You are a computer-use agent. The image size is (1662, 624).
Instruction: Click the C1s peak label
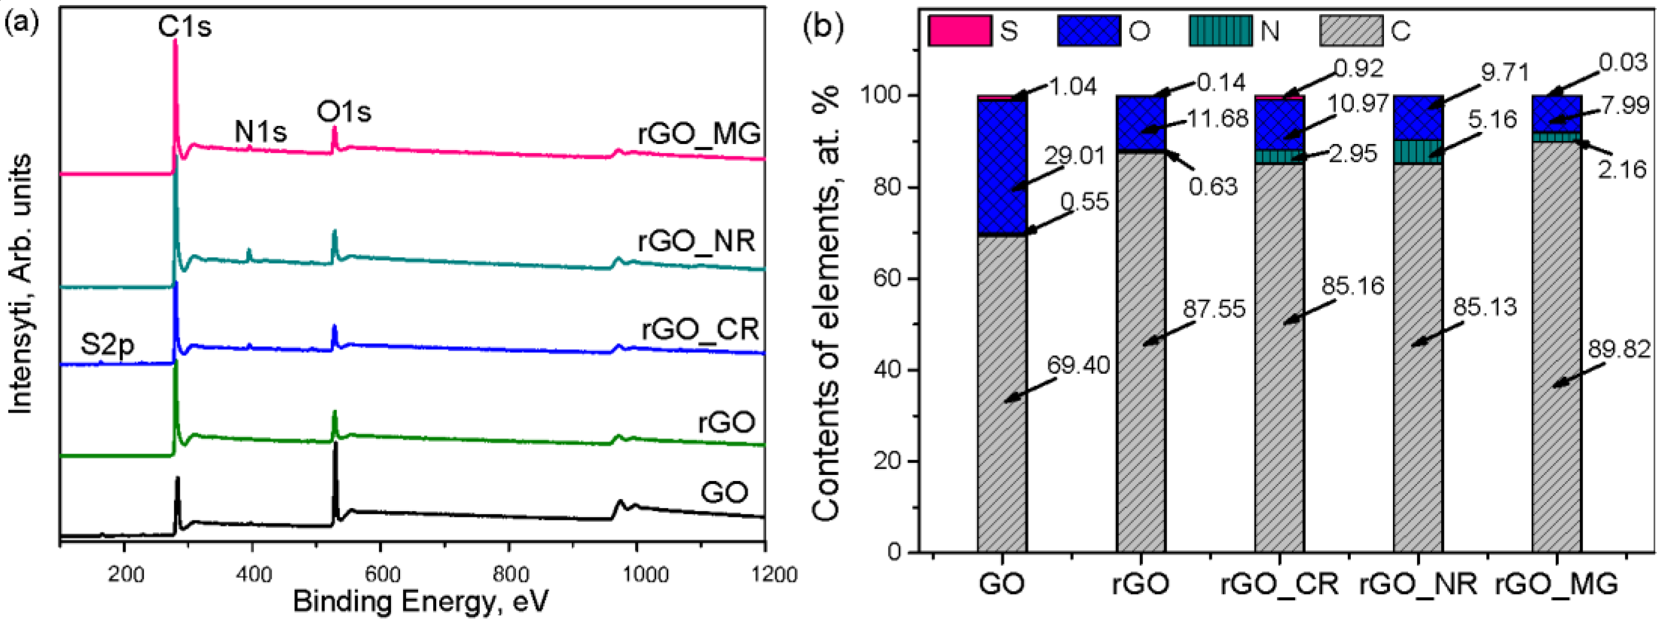pos(185,27)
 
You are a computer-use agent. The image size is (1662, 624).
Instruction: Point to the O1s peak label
pos(344,111)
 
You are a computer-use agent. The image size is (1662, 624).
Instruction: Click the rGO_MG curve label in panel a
pos(699,134)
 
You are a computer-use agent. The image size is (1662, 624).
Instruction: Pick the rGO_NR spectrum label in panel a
pos(696,241)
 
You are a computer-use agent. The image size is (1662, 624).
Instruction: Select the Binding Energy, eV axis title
pos(420,601)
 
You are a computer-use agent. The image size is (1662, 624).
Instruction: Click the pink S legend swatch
pos(959,30)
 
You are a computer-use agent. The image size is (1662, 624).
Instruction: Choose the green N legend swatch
pos(1221,30)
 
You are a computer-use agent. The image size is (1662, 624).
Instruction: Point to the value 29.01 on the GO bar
pos(1074,156)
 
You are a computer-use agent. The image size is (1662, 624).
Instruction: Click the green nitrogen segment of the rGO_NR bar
pos(1418,151)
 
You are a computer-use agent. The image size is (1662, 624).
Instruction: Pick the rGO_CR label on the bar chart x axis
pos(1280,584)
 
